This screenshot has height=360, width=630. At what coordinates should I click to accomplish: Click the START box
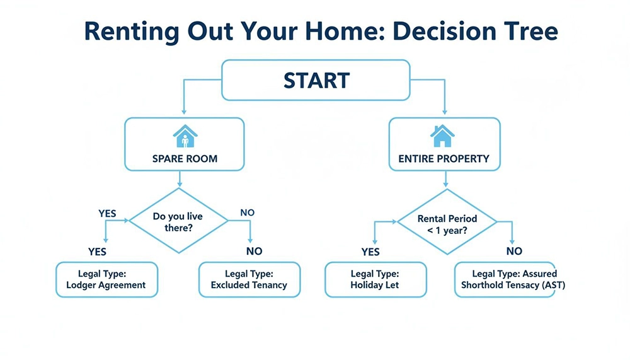pos(316,81)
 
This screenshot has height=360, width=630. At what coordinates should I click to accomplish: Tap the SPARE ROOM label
pos(185,159)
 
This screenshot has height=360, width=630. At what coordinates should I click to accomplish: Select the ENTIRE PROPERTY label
pos(444,159)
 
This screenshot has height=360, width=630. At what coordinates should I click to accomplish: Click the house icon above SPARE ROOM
pos(185,136)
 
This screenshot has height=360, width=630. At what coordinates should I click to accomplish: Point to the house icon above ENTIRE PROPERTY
pos(442,136)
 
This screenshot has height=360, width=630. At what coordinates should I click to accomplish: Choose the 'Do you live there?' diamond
pos(178,221)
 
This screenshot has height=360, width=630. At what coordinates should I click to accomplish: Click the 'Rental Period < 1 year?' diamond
pos(447,224)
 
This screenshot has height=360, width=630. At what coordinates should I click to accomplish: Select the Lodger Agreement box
pos(106,279)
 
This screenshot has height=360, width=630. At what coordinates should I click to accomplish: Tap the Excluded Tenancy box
pos(249,279)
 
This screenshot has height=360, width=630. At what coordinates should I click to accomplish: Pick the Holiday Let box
pos(375,279)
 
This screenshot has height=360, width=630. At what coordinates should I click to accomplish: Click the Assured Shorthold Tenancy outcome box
pos(505,279)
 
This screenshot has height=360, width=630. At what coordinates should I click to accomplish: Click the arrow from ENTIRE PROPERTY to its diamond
pos(446,179)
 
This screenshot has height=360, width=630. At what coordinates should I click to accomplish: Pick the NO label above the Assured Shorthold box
pos(514,251)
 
